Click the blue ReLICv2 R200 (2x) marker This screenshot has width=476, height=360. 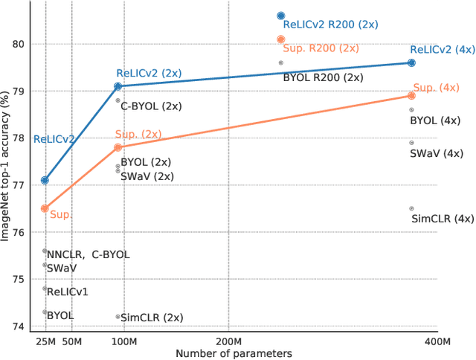pos(280,16)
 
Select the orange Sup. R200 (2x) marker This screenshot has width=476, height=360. pos(280,39)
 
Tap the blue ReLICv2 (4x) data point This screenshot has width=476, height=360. pos(411,63)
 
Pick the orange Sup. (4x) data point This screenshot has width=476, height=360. pos(411,95)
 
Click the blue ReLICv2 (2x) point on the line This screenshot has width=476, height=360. pos(118,86)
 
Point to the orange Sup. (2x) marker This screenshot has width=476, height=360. pos(118,147)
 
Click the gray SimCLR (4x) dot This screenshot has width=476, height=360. pos(411,208)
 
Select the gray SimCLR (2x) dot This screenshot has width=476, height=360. pos(118,316)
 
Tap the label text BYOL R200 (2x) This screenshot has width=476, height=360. pos(323,77)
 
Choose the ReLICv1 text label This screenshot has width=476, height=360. pos(67,292)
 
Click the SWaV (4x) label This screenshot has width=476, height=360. pos(437,154)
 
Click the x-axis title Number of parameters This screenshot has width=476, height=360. pos(234,353)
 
